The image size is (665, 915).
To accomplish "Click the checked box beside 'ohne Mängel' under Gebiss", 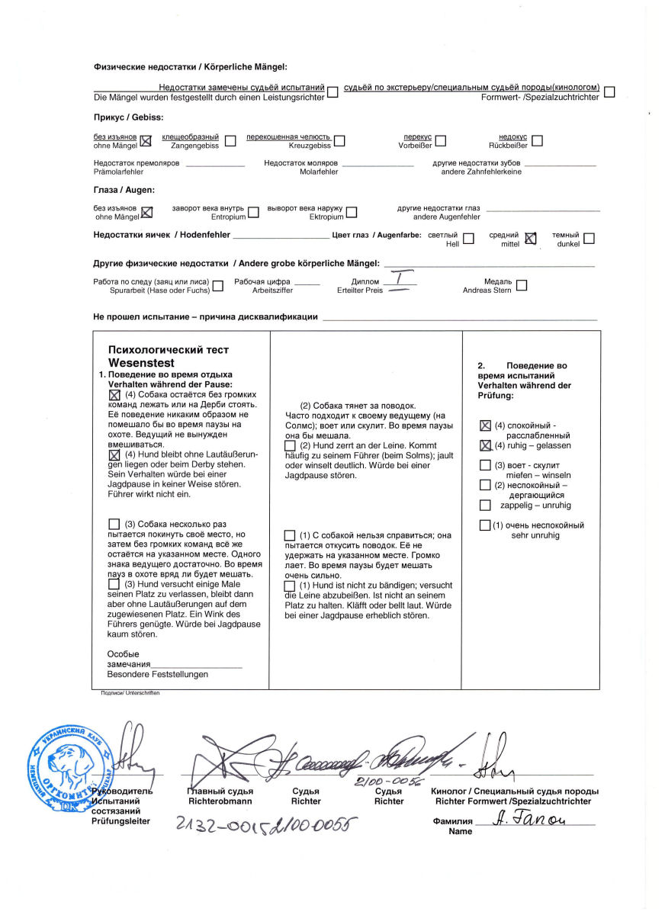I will tap(146, 140).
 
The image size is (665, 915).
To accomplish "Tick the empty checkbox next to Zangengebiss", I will tap(230, 140).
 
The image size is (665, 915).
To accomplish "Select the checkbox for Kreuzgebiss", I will tap(339, 140).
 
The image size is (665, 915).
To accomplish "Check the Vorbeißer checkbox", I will tap(441, 140).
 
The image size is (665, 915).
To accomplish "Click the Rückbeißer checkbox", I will tap(537, 140).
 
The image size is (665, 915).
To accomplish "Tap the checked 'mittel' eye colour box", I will tap(531, 239).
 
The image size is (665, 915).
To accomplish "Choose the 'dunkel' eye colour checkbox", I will tap(589, 239).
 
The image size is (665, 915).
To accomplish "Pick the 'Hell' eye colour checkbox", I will tap(468, 239).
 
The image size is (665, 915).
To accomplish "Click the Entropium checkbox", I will tap(253, 212).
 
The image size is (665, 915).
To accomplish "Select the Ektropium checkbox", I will tap(352, 212).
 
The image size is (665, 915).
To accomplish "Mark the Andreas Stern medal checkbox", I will tap(522, 285).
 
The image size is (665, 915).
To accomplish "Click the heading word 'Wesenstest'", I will tap(141, 363).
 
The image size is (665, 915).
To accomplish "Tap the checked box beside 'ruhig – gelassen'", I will tap(485, 445).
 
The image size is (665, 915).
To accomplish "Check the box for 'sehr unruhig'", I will tap(485, 525).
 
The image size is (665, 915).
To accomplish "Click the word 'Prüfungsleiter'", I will tap(120, 821).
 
